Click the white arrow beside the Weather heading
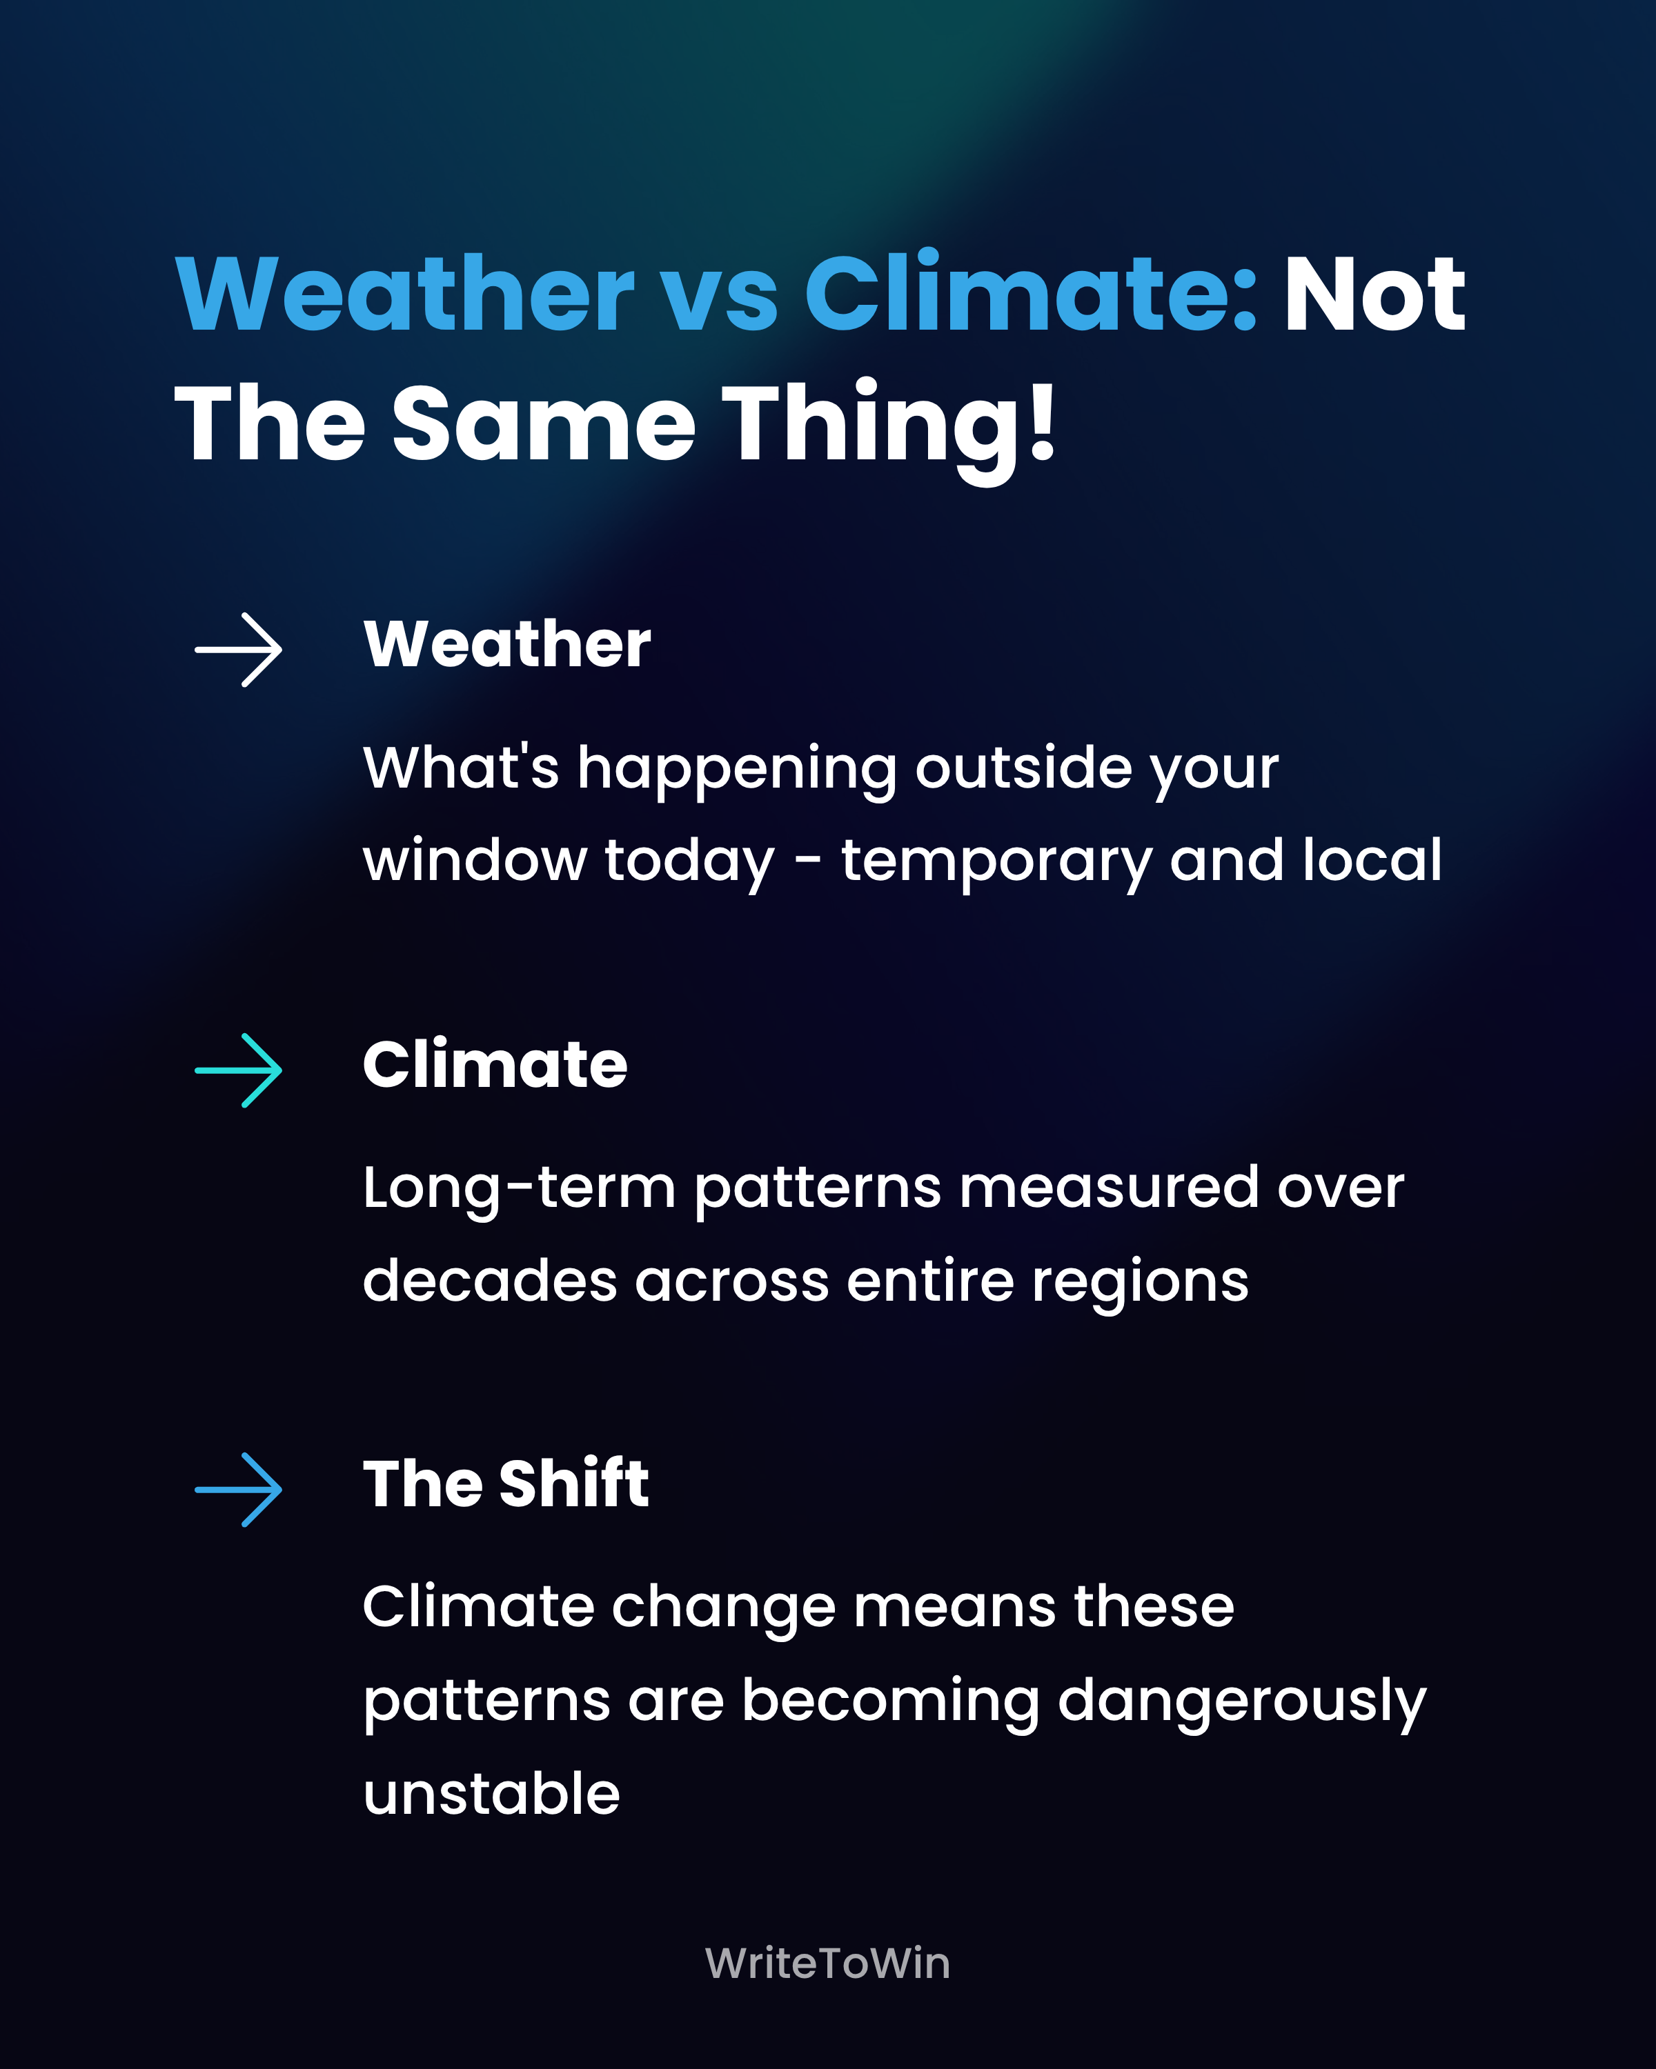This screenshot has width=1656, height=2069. pyautogui.click(x=238, y=650)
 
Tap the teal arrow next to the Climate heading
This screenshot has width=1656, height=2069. pyautogui.click(x=238, y=1070)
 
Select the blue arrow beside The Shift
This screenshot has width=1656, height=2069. pyautogui.click(x=238, y=1490)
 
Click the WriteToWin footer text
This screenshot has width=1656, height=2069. pyautogui.click(x=827, y=1963)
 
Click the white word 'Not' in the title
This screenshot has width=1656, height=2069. pyautogui.click(x=1374, y=294)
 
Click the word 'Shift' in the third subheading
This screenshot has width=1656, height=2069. pyautogui.click(x=574, y=1483)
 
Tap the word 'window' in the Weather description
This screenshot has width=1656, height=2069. pyautogui.click(x=474, y=860)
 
